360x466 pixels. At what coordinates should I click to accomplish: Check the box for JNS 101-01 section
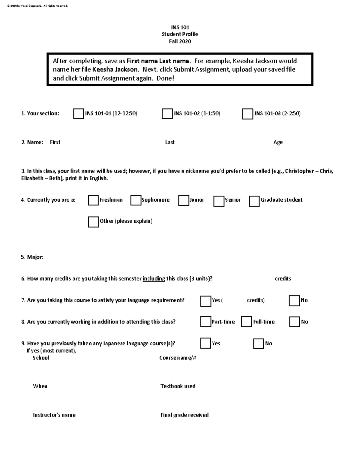point(78,114)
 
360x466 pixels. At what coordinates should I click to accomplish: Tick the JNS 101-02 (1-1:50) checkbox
point(167,114)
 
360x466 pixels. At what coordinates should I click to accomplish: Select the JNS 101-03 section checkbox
point(247,114)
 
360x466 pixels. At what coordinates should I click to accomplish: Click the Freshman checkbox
point(93,200)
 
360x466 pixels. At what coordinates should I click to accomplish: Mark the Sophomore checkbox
point(136,200)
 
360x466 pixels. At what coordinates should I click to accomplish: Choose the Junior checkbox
point(183,200)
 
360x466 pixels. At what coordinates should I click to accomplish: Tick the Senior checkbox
point(219,201)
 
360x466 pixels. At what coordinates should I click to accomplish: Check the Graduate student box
point(254,201)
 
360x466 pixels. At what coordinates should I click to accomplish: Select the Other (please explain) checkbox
point(93,222)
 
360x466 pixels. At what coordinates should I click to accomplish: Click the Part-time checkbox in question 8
point(205,322)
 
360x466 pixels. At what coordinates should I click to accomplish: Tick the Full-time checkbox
point(246,322)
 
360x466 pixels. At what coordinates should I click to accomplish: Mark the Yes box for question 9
point(205,343)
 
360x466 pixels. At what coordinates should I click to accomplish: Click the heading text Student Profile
point(180,34)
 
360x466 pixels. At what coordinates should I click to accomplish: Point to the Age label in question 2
point(278,142)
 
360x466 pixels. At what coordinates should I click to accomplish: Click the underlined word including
point(154,278)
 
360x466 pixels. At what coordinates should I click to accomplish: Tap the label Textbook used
point(178,386)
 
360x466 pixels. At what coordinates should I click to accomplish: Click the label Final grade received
point(184,415)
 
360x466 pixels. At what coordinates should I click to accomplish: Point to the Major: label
point(32,257)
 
